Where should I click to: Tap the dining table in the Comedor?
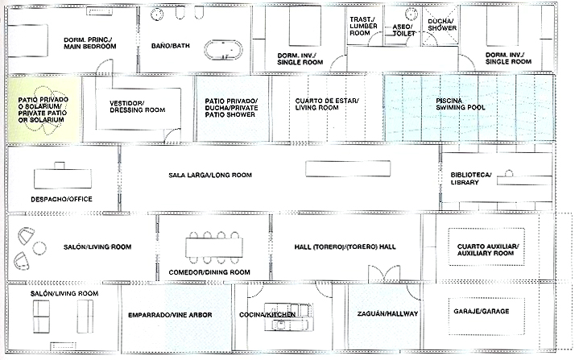214,247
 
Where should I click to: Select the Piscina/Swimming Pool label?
461,104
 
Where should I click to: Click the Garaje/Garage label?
481,311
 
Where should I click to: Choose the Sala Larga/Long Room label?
210,175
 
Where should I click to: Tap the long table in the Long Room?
348,168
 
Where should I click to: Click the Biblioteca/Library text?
471,178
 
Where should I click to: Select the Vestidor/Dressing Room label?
138,106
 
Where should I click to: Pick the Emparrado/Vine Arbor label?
170,315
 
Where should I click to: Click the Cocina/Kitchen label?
267,315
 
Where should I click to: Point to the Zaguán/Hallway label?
387,314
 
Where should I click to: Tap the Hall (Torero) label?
345,246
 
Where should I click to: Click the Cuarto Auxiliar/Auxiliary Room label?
488,250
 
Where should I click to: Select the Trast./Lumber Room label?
363,26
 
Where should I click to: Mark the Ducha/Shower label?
442,24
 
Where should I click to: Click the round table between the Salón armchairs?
39,248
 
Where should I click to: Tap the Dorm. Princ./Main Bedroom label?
90,43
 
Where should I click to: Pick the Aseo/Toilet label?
403,30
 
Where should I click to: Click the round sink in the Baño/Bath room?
157,14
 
